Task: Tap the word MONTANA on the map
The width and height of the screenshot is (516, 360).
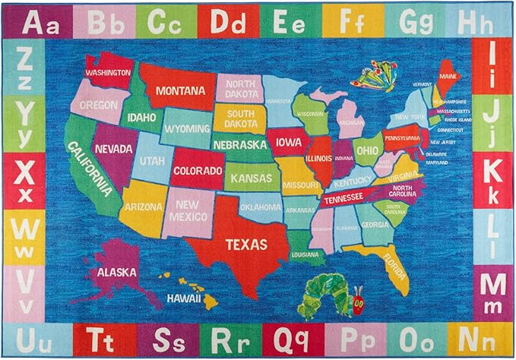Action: coord(180,91)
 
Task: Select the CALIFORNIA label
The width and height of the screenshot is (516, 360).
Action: coord(91,169)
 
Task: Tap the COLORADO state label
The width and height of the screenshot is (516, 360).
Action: coord(197,170)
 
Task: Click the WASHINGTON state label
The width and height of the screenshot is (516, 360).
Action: coord(108,73)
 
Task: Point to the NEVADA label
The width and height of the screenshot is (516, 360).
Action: coord(114,150)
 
